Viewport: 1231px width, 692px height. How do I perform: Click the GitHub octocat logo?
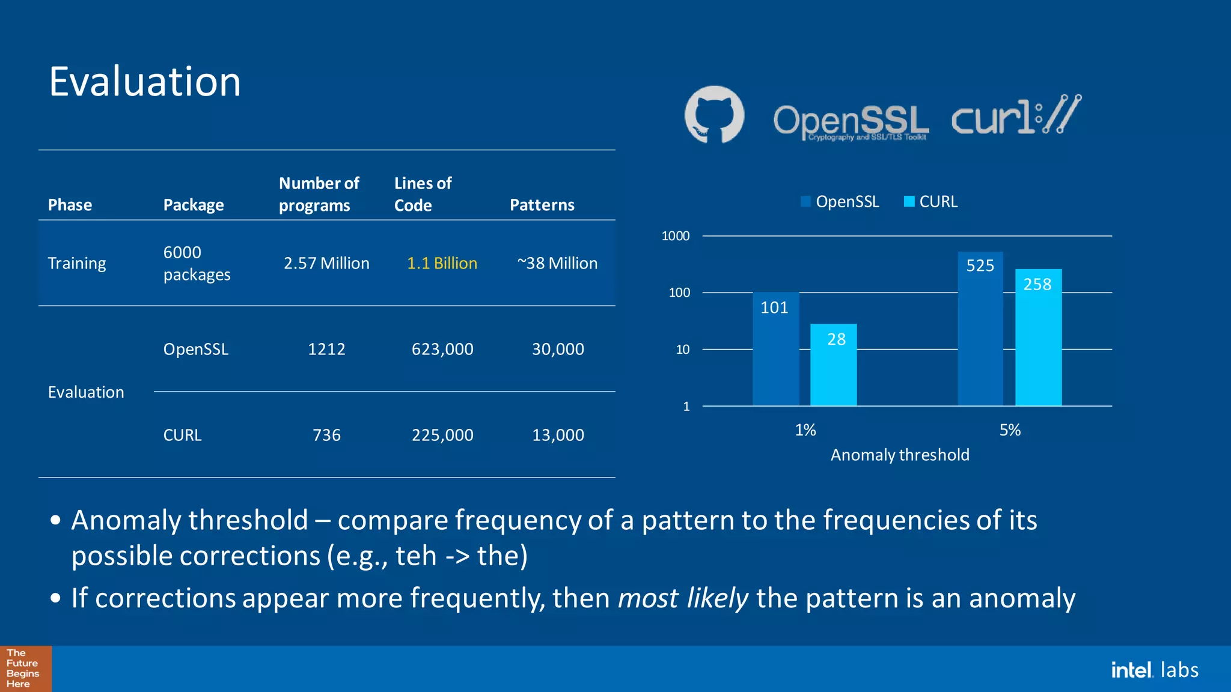click(x=714, y=115)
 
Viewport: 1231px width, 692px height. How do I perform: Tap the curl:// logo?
click(x=1016, y=115)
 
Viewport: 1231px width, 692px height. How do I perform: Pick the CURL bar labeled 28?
click(x=833, y=366)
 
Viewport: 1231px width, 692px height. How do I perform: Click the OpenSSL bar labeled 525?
click(x=980, y=330)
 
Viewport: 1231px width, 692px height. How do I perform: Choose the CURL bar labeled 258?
click(x=1038, y=339)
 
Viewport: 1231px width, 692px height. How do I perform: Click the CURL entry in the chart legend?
click(x=931, y=202)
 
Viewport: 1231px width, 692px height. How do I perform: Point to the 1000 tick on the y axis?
click(x=676, y=236)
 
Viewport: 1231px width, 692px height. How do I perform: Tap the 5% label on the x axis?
click(x=1010, y=430)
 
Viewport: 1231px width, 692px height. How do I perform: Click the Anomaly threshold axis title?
click(x=900, y=455)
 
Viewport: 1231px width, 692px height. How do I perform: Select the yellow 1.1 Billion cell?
click(x=442, y=263)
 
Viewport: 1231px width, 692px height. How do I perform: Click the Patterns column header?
click(x=542, y=205)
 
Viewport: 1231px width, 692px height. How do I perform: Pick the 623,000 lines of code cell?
click(x=442, y=349)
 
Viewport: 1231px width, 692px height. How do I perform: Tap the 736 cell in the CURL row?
click(x=326, y=435)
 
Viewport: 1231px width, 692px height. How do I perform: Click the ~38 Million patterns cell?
click(x=557, y=263)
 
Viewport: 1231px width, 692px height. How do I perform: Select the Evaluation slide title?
click(x=145, y=82)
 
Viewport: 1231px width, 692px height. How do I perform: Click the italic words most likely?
click(x=683, y=598)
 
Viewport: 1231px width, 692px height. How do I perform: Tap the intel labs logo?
click(x=1154, y=670)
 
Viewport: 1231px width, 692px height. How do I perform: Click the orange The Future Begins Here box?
click(x=25, y=669)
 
